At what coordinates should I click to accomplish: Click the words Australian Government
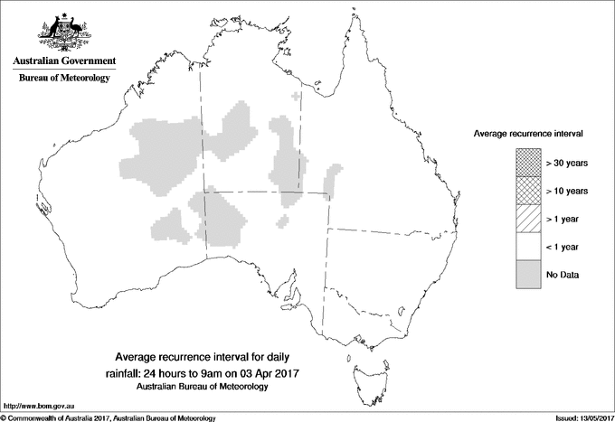[x=64, y=61]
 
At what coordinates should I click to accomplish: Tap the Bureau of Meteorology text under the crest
[x=64, y=79]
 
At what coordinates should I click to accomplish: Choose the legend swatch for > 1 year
[x=528, y=218]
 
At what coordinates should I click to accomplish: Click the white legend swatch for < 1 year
[x=528, y=246]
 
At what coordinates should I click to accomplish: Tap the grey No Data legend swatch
[x=528, y=274]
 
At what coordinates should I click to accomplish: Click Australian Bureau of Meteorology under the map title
[x=206, y=387]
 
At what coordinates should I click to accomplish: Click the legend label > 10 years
[x=568, y=191]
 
